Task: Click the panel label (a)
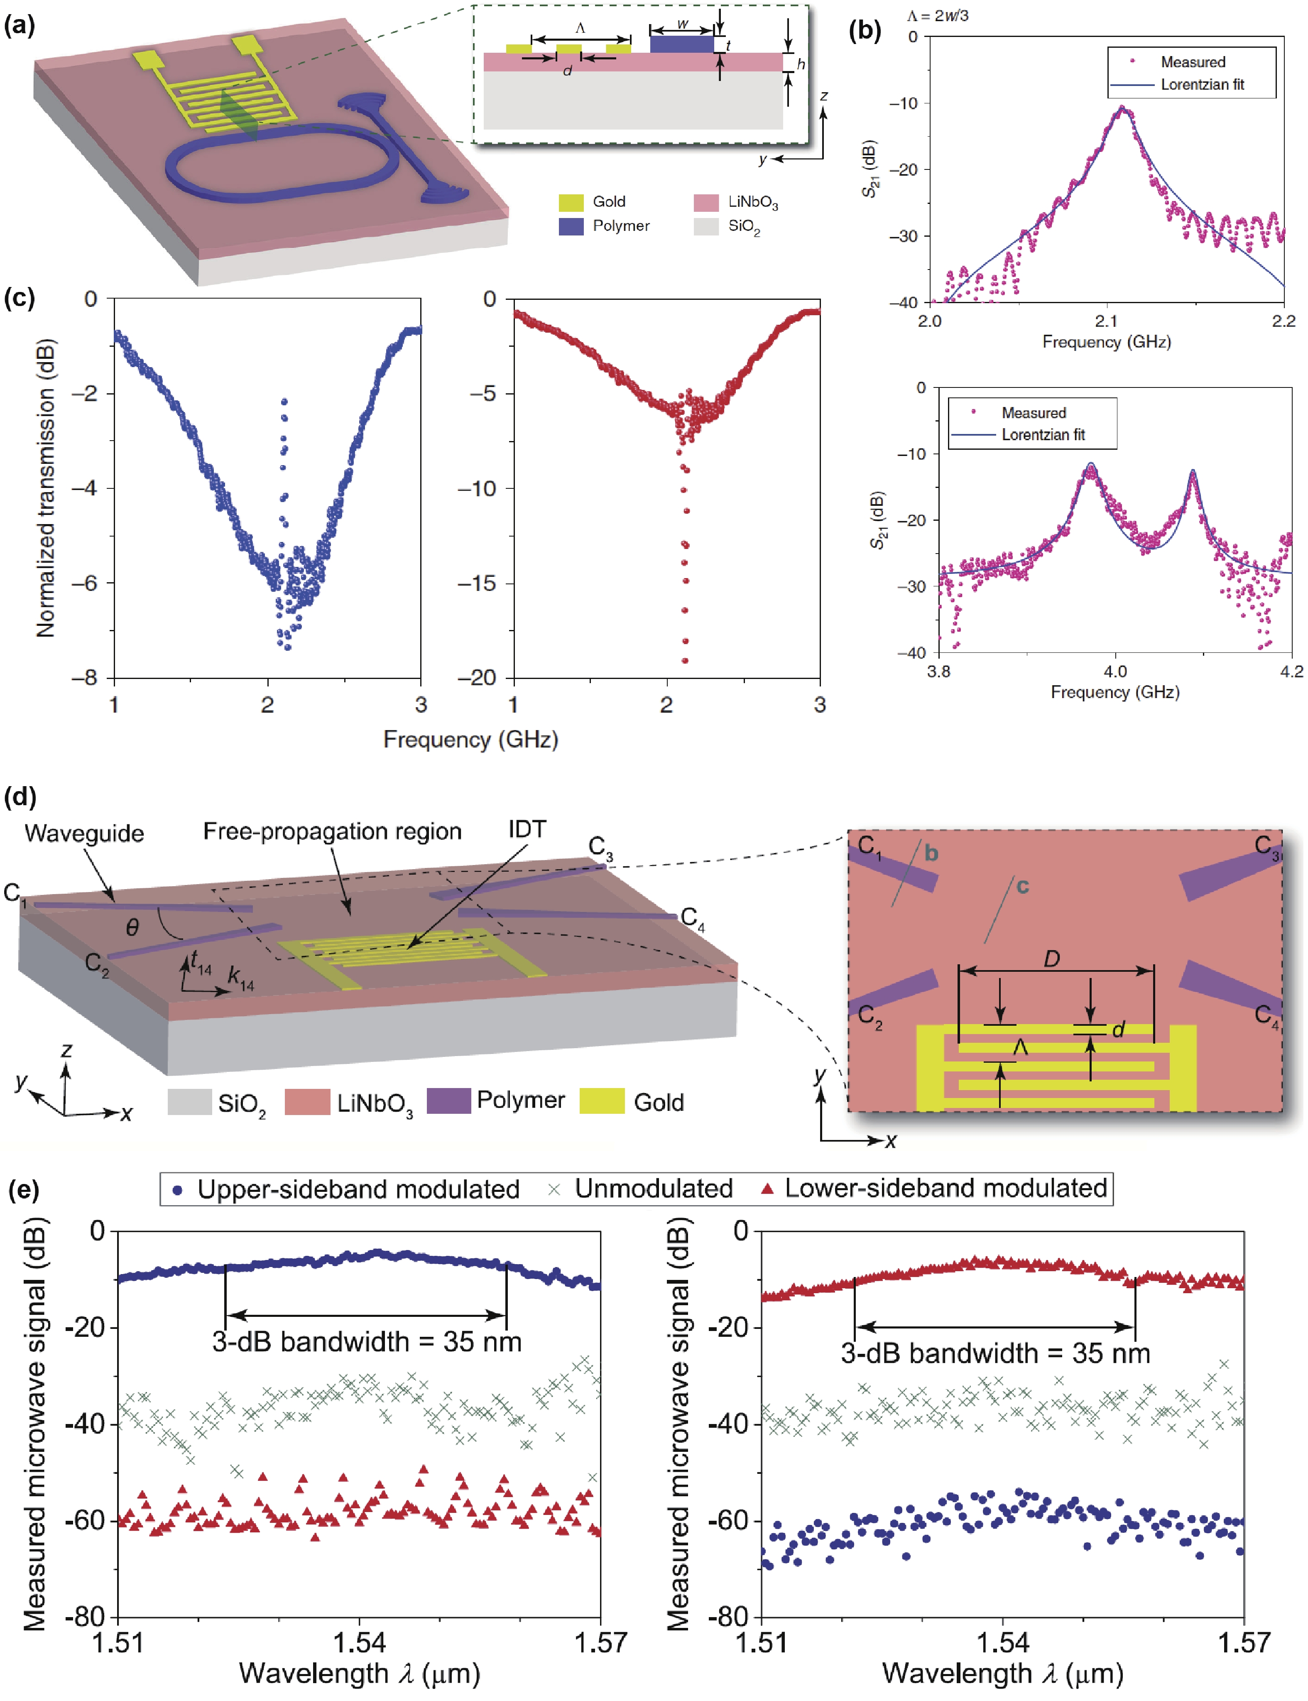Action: tap(20, 26)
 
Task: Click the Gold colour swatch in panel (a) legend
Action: tap(571, 202)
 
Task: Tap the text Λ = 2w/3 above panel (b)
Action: tap(938, 15)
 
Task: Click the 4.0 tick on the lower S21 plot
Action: tap(1115, 671)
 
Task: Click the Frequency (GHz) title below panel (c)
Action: tap(470, 739)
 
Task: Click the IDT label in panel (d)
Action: tap(527, 829)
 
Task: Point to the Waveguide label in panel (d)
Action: tap(84, 833)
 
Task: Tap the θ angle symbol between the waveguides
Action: tap(132, 927)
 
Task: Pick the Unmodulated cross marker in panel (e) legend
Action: tap(554, 1189)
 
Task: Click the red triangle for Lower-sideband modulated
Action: tap(767, 1189)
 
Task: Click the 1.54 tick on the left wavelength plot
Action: tap(359, 1642)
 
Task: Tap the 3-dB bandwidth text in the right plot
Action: tap(995, 1353)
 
